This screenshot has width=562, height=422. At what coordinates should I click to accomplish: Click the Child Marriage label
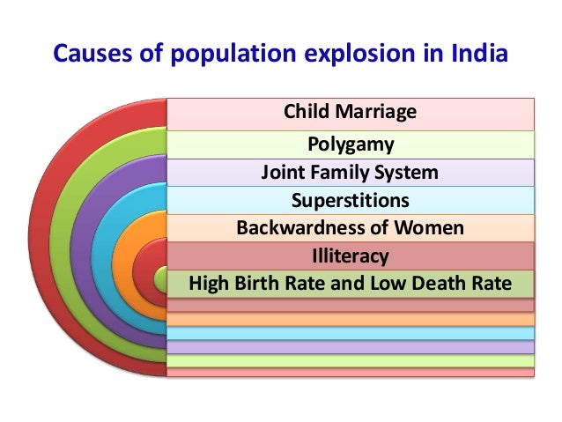(x=350, y=113)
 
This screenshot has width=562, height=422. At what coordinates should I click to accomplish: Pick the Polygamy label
(x=350, y=143)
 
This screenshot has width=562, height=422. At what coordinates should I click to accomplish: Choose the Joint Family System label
(x=350, y=172)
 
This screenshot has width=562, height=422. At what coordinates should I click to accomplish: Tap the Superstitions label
(x=350, y=200)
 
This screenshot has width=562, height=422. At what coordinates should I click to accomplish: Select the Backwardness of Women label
(x=350, y=228)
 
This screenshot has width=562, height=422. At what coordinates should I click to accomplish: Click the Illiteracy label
(x=350, y=256)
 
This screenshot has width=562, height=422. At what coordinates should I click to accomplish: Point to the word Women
(x=429, y=228)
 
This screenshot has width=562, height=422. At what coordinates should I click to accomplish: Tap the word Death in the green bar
(x=413, y=285)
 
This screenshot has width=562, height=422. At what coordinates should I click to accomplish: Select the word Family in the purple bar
(x=335, y=172)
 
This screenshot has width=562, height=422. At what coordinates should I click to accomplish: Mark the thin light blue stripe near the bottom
(x=350, y=333)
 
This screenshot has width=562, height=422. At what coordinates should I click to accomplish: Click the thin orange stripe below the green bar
(x=350, y=319)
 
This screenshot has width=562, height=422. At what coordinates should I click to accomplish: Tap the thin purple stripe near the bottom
(x=350, y=347)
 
